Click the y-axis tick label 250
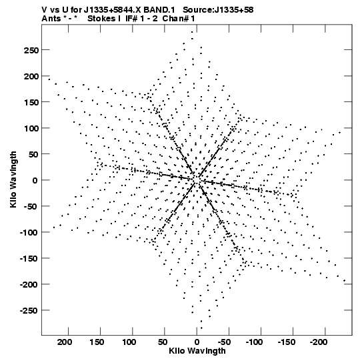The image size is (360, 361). point(31,50)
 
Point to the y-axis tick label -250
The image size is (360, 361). point(29,311)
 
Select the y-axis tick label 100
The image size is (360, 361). point(31,128)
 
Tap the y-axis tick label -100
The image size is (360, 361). point(29,232)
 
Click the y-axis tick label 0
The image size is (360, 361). point(35,180)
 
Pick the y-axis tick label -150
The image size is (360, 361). point(29,259)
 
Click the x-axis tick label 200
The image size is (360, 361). point(65,342)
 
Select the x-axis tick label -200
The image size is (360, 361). point(319,342)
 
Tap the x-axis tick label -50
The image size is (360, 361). point(224,342)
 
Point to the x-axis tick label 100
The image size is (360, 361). point(129,342)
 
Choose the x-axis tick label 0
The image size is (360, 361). point(197,342)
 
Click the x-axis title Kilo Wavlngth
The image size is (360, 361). point(197,351)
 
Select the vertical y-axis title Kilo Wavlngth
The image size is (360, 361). point(13,179)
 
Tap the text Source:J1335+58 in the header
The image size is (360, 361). point(218,10)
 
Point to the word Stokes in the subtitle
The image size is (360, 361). point(101,19)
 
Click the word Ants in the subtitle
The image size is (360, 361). point(50,19)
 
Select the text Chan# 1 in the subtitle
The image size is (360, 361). point(179,19)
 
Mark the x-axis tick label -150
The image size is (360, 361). point(287,342)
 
